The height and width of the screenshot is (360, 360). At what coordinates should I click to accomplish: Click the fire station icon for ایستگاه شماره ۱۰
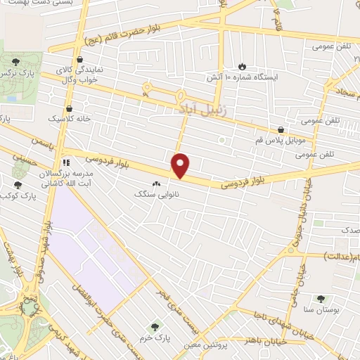(242, 65)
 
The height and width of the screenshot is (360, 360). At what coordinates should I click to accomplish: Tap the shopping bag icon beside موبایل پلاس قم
(281, 129)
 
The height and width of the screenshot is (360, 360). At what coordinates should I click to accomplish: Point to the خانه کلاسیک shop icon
(70, 108)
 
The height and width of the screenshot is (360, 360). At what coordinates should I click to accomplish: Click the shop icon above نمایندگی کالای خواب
(79, 60)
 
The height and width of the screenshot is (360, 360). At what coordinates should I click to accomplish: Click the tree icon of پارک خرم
(154, 326)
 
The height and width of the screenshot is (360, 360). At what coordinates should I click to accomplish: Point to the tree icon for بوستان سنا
(321, 299)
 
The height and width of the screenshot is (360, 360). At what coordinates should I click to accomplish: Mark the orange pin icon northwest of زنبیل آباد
(146, 88)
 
